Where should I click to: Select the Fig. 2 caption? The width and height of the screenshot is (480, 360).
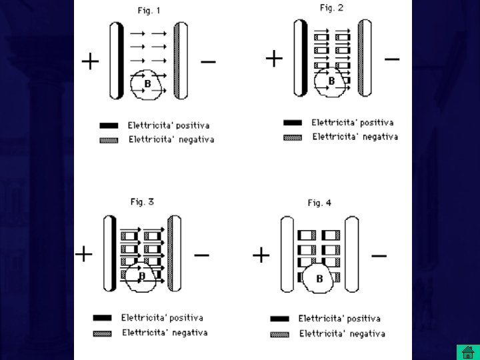331,8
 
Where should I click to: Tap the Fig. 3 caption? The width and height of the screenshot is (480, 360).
142,201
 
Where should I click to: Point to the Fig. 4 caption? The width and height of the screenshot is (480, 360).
319,203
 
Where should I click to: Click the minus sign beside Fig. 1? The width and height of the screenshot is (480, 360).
208,63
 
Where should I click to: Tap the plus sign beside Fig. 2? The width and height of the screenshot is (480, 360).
274,59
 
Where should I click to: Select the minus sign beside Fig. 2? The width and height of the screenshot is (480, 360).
393,59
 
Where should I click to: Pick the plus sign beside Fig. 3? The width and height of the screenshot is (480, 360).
84,254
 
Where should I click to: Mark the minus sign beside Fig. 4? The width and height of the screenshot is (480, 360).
379,255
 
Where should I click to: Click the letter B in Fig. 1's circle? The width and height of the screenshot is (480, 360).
147,83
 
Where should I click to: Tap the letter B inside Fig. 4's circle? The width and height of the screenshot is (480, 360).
319,279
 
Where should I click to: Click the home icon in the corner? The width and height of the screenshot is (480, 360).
466,351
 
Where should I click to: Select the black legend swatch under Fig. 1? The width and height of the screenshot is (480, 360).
109,125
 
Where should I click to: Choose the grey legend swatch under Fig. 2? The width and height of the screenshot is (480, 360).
293,137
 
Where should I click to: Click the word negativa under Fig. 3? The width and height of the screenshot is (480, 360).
184,332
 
